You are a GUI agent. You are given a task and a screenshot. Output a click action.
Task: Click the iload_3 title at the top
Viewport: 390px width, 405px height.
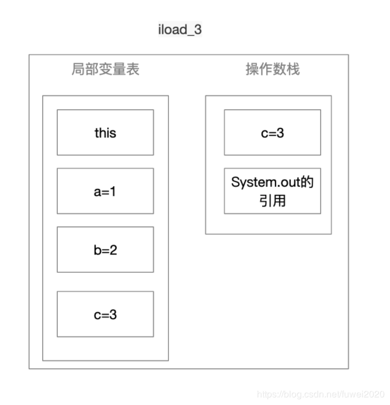click(x=180, y=30)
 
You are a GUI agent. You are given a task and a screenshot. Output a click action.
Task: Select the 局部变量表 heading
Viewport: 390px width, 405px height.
click(x=105, y=70)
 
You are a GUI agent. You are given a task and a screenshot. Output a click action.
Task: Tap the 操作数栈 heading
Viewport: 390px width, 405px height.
click(x=273, y=69)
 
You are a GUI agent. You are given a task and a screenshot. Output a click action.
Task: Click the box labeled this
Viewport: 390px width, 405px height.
click(x=105, y=132)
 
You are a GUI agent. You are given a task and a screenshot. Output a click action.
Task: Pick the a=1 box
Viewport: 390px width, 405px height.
click(x=105, y=191)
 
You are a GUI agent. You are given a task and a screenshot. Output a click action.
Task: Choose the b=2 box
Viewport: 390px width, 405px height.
click(x=105, y=249)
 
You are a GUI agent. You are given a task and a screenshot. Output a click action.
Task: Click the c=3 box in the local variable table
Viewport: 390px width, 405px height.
click(x=105, y=314)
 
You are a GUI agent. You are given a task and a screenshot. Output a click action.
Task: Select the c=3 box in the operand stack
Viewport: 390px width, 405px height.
click(x=273, y=132)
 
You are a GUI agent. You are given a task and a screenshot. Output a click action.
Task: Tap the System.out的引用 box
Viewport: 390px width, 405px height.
click(x=273, y=191)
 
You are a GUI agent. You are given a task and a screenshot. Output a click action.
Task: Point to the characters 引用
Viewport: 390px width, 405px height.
click(x=273, y=201)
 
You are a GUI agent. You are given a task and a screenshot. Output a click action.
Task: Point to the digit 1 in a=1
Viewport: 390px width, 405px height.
click(x=113, y=191)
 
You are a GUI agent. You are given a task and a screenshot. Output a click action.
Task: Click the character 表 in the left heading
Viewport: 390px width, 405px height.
click(x=133, y=70)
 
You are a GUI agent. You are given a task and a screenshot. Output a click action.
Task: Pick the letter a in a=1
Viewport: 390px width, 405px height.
click(x=97, y=191)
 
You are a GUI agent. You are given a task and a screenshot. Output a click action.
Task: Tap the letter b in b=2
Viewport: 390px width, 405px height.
click(x=97, y=249)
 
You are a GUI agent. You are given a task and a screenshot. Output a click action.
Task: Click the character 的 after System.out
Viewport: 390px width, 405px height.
click(x=308, y=183)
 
